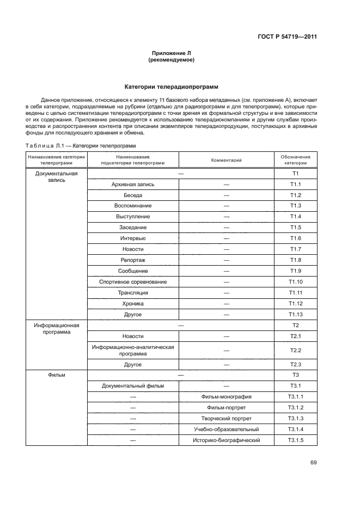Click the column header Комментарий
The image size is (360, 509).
click(x=226, y=160)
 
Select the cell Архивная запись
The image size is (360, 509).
click(x=133, y=184)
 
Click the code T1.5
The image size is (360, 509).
click(x=295, y=227)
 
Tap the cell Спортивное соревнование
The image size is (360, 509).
click(x=133, y=281)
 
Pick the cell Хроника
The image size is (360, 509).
click(x=133, y=303)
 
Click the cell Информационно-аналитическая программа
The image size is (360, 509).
click(x=133, y=350)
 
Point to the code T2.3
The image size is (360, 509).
click(x=295, y=364)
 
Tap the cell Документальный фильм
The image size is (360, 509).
click(x=133, y=386)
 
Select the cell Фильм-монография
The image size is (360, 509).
click(x=226, y=397)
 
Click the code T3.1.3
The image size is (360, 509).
click(x=295, y=418)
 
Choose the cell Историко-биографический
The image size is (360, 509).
click(x=226, y=440)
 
